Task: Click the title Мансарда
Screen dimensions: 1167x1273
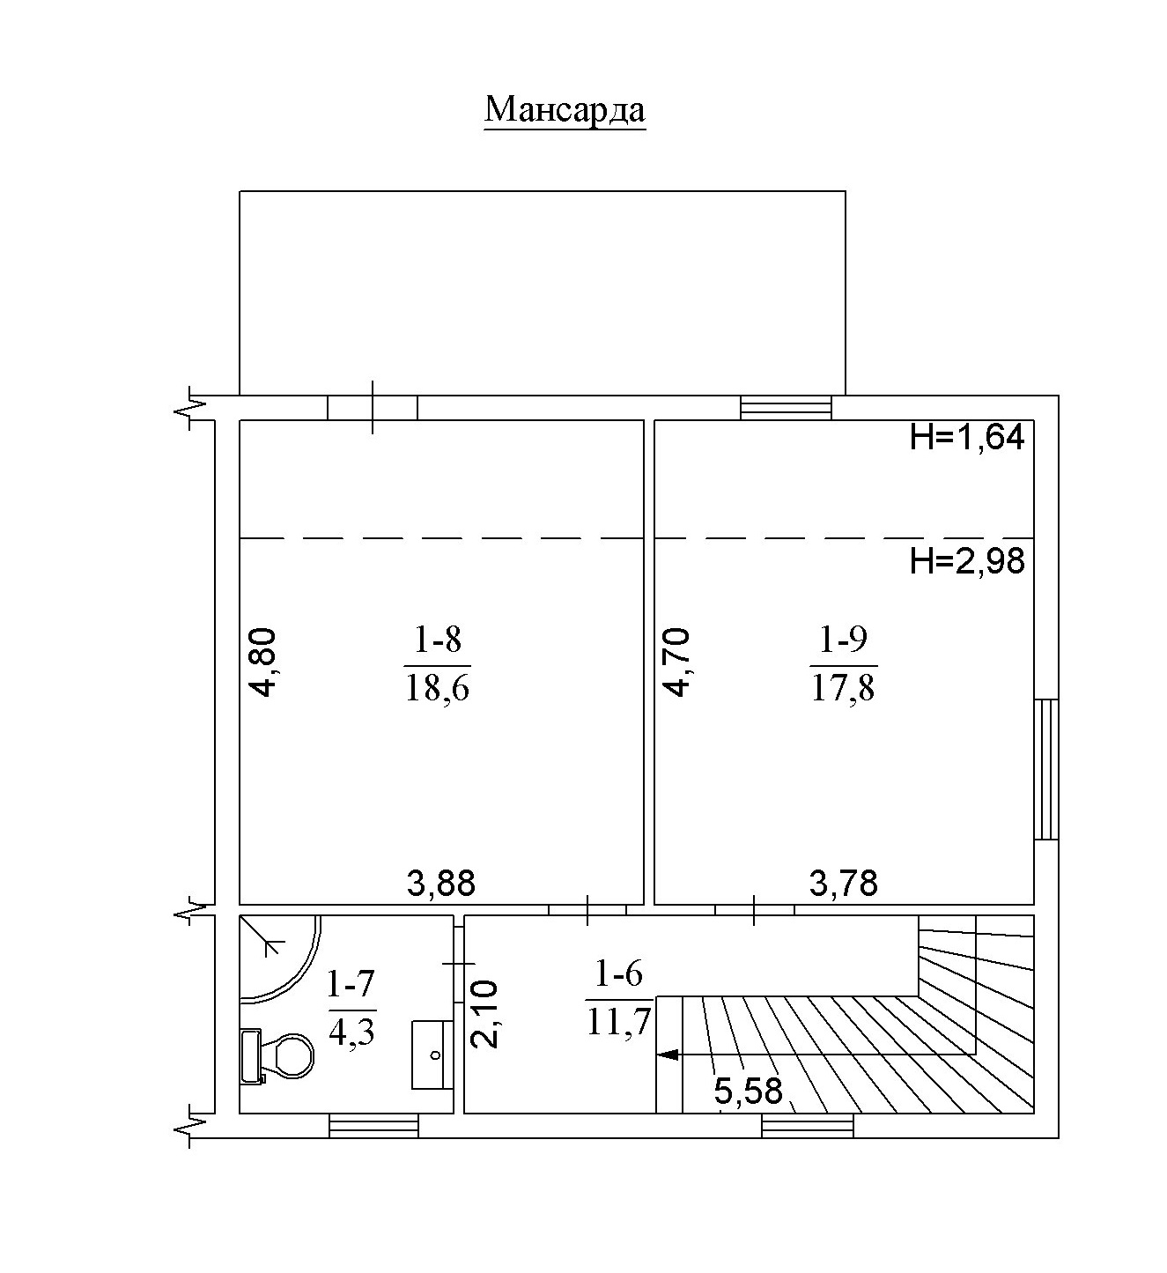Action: coord(565,110)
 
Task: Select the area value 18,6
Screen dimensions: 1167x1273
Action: coord(437,687)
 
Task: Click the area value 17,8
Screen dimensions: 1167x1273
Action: coord(844,687)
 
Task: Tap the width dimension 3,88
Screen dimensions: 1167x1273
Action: coord(441,884)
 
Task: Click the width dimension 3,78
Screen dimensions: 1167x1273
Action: coord(844,884)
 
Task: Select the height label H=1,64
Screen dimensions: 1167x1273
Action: coord(967,437)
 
